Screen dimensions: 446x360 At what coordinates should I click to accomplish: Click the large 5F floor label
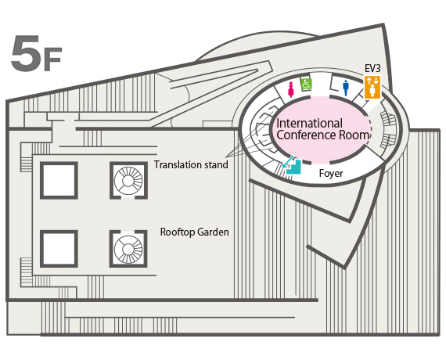pyautogui.click(x=37, y=53)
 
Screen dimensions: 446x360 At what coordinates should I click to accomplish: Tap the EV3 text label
pyautogui.click(x=372, y=68)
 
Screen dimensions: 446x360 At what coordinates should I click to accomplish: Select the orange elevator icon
pyautogui.click(x=372, y=87)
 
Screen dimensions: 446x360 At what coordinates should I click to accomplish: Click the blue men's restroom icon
pyautogui.click(x=346, y=88)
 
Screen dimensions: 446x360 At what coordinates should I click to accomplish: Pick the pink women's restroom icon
pyautogui.click(x=291, y=89)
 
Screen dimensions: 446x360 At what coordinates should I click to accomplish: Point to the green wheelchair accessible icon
pyautogui.click(x=307, y=85)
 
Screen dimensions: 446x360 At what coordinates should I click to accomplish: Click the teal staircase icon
pyautogui.click(x=294, y=167)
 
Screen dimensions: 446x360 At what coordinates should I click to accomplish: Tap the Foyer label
pyautogui.click(x=331, y=173)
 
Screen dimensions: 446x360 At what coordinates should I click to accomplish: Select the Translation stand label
pyautogui.click(x=191, y=165)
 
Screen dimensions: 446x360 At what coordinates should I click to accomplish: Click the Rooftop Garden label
pyautogui.click(x=195, y=232)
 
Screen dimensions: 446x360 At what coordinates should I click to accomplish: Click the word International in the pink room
pyautogui.click(x=310, y=124)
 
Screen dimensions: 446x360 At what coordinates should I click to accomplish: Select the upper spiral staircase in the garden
pyautogui.click(x=128, y=181)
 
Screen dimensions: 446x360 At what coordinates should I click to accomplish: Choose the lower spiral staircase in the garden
pyautogui.click(x=128, y=249)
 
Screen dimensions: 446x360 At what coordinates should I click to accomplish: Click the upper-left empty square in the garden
pyautogui.click(x=59, y=181)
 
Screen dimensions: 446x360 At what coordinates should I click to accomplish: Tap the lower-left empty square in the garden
pyautogui.click(x=59, y=249)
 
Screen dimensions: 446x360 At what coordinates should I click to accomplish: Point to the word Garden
pyautogui.click(x=213, y=232)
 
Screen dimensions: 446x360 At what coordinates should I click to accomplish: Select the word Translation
pyautogui.click(x=175, y=165)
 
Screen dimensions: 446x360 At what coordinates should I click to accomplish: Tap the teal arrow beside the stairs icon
pyautogui.click(x=288, y=162)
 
